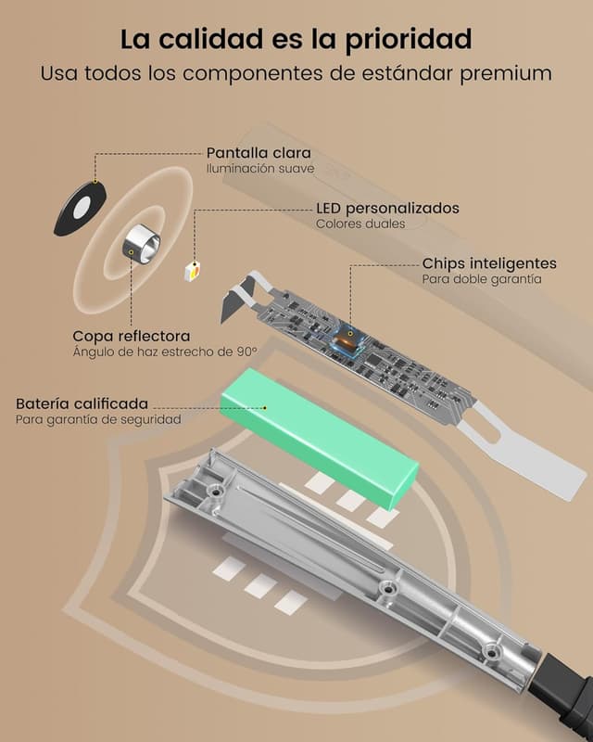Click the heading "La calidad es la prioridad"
(x=296, y=39)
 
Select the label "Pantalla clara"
(x=259, y=153)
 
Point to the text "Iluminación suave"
(x=260, y=169)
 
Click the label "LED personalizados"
(x=388, y=208)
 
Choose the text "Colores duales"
(x=360, y=224)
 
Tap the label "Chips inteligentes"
(x=489, y=263)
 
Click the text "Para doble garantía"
(x=482, y=279)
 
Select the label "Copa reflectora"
(x=132, y=337)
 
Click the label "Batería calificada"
(x=82, y=403)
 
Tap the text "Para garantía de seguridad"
(x=98, y=420)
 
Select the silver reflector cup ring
(x=142, y=243)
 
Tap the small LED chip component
(x=193, y=271)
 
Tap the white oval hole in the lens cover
(x=82, y=208)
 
